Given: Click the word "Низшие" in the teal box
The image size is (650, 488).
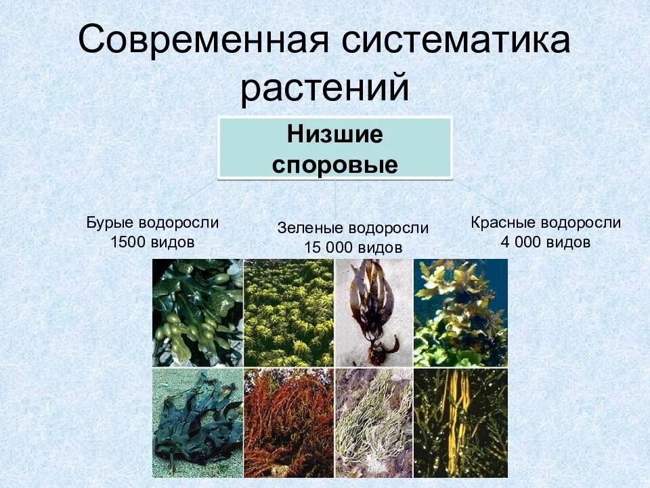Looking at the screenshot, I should (334, 134).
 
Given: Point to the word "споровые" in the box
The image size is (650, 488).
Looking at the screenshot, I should (334, 165).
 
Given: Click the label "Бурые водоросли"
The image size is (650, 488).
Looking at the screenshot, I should (152, 223).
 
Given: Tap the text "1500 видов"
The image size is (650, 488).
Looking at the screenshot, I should (152, 242).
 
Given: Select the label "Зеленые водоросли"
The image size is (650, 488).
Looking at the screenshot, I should (353, 228).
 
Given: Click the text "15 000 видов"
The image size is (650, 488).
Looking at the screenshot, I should (353, 247).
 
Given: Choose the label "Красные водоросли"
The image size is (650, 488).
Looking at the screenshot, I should (546, 223).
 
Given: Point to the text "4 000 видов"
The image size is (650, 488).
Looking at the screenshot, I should (546, 242).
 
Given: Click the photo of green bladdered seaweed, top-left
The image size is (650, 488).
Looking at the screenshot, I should (197, 312).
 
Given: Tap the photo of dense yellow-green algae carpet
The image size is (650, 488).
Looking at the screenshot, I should (288, 312).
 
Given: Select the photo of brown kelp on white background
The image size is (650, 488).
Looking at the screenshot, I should (373, 312).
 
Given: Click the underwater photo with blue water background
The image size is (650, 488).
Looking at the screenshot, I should (460, 312).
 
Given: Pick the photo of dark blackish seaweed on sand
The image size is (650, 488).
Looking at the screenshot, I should (197, 423).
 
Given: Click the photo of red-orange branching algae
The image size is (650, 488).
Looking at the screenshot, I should (288, 423).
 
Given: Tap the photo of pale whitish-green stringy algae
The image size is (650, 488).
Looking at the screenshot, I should (373, 423).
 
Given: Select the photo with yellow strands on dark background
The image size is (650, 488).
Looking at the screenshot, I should (460, 423).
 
